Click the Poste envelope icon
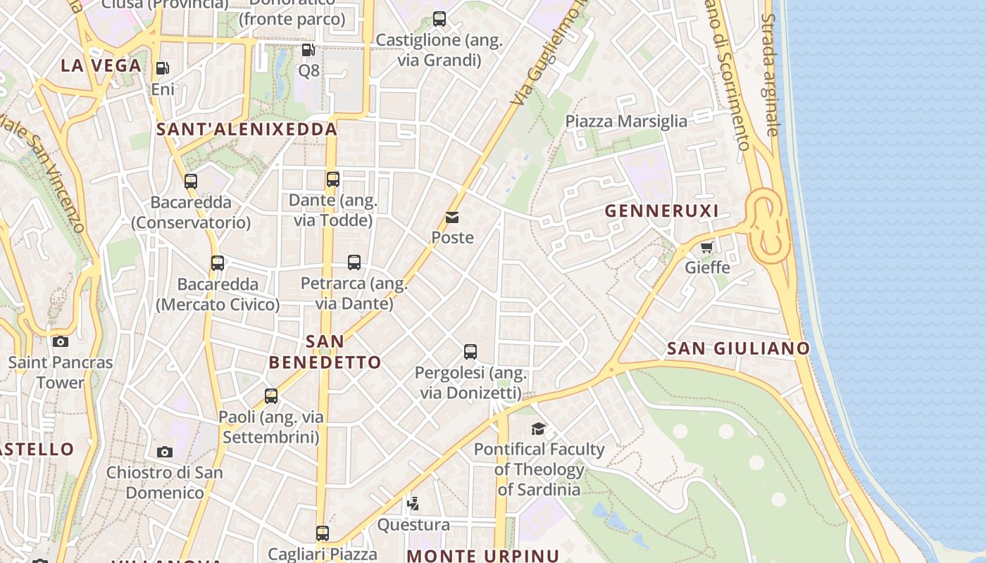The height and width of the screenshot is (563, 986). [452, 217]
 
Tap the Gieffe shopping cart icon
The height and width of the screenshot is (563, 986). [707, 247]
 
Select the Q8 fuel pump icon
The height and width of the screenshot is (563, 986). [308, 50]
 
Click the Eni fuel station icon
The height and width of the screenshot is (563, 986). [162, 68]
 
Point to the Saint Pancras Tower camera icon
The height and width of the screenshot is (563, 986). [61, 342]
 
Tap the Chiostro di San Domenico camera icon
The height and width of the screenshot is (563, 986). [164, 452]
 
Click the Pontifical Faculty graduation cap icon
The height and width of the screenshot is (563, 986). [539, 429]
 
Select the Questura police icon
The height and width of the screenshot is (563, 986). [413, 504]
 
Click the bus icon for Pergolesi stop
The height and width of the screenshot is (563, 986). [470, 351]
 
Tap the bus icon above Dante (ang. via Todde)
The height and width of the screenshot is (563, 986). [333, 179]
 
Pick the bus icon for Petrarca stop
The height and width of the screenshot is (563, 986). [354, 262]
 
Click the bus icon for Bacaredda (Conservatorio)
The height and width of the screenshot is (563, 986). [191, 182]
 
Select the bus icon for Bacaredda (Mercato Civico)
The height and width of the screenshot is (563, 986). [218, 263]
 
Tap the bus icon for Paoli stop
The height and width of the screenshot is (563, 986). [271, 396]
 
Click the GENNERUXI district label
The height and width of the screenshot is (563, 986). [661, 211]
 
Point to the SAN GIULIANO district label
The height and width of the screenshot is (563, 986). [738, 348]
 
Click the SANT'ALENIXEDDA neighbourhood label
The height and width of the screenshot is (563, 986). [246, 129]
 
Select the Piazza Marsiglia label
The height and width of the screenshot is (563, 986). [626, 121]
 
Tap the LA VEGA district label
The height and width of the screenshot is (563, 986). [101, 65]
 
